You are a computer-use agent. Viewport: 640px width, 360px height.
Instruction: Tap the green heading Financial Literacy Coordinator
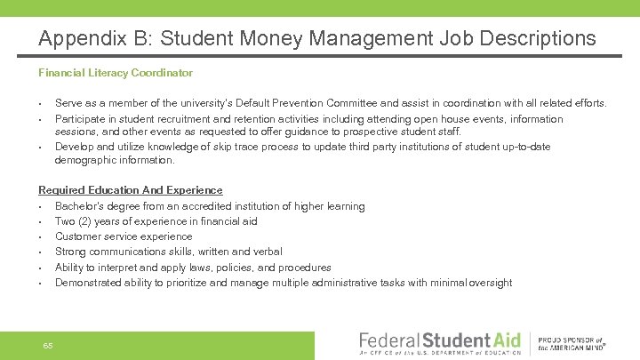click(x=116, y=72)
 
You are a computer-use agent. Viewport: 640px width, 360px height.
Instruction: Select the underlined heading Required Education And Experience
click(x=130, y=190)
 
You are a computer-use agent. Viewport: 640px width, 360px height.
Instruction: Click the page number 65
click(x=48, y=345)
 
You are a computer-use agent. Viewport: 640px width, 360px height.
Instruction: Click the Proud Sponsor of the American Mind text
click(x=572, y=344)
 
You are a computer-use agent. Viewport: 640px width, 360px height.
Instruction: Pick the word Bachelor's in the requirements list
click(x=79, y=206)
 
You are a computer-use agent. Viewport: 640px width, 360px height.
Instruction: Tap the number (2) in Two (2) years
click(x=86, y=221)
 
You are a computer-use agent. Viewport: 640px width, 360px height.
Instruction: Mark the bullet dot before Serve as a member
click(x=42, y=103)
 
